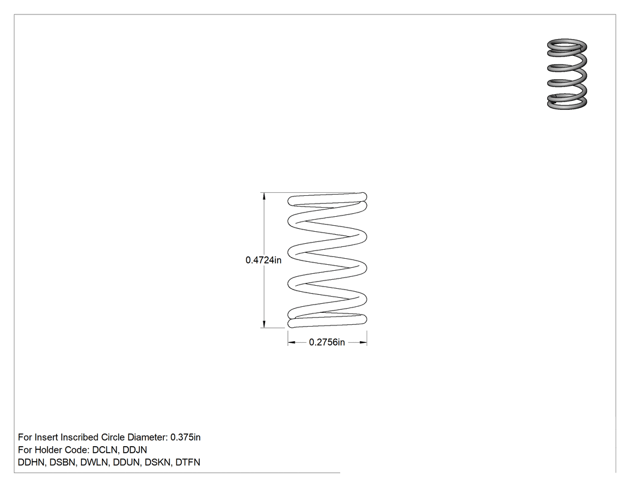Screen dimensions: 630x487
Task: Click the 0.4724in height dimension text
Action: [263, 260]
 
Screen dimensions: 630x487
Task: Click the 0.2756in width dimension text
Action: [326, 342]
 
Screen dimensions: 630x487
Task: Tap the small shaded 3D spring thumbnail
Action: [567, 74]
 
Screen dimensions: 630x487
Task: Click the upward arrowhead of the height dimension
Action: [264, 196]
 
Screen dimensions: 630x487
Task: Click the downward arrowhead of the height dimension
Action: [264, 324]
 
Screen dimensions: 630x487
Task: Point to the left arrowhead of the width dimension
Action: [291, 343]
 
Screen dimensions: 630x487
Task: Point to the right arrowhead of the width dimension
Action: [363, 343]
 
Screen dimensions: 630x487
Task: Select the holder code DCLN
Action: [104, 450]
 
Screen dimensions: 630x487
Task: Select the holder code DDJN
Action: [134, 450]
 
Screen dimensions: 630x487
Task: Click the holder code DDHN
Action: [31, 462]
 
